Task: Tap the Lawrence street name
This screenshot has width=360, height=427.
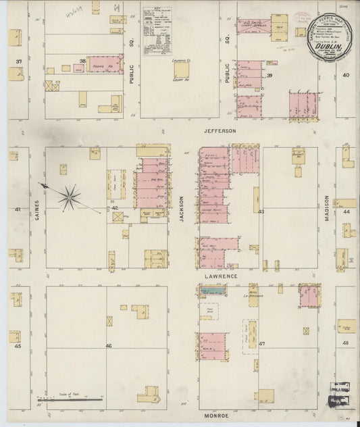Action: click(x=220, y=276)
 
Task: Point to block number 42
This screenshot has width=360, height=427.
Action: click(x=115, y=207)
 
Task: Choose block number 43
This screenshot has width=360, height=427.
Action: click(x=261, y=211)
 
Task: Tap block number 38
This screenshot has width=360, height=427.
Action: click(x=83, y=61)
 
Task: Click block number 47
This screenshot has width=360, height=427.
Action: click(x=262, y=344)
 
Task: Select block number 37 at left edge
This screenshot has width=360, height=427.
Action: click(x=19, y=62)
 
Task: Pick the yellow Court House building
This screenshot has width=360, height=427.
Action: click(x=181, y=70)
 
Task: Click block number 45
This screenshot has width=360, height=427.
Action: click(x=18, y=346)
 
